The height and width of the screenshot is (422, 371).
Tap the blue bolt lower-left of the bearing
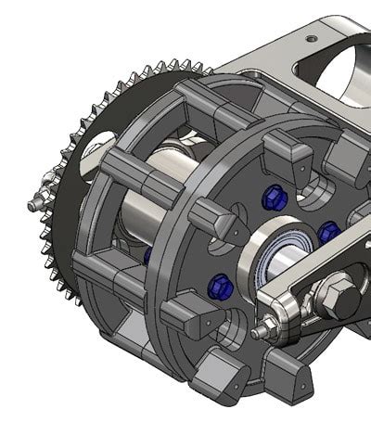coord(219,284)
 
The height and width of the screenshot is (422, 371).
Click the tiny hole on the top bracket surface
coord(309,37)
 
